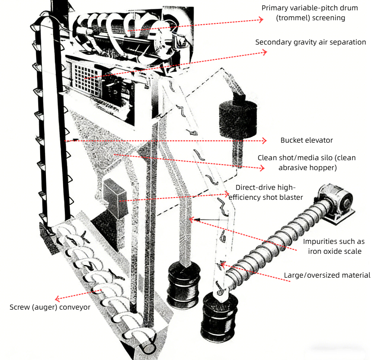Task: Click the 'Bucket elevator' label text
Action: tap(306, 140)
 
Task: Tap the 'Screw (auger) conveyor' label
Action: tap(50, 307)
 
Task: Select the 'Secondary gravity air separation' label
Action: tap(310, 42)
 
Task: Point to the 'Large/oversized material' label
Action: tap(327, 275)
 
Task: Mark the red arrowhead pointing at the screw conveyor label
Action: tap(57, 298)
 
